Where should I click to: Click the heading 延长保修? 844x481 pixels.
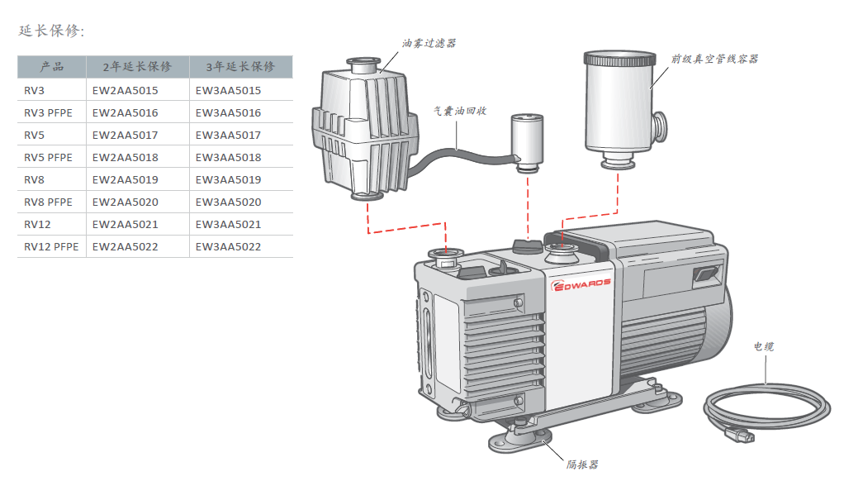50,31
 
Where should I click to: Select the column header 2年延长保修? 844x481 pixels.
137,67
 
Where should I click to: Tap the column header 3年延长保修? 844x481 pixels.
240,67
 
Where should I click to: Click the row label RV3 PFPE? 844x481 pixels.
49,112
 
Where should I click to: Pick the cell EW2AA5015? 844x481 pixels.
125,90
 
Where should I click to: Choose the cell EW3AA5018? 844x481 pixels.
228,157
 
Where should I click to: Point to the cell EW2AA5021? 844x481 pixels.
125,224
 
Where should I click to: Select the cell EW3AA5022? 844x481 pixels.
228,246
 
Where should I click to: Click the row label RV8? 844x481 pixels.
34,179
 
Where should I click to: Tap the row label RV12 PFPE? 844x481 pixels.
51,246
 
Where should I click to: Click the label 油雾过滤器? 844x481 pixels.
429,43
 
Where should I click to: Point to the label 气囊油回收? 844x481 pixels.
460,110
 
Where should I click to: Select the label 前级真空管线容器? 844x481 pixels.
714,60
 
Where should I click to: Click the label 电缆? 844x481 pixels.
764,346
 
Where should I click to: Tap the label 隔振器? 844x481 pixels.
582,464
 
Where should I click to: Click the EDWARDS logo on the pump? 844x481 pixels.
581,283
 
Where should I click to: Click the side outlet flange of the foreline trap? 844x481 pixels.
661,125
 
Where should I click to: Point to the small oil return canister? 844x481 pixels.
526,140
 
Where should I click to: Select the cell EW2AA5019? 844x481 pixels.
125,179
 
